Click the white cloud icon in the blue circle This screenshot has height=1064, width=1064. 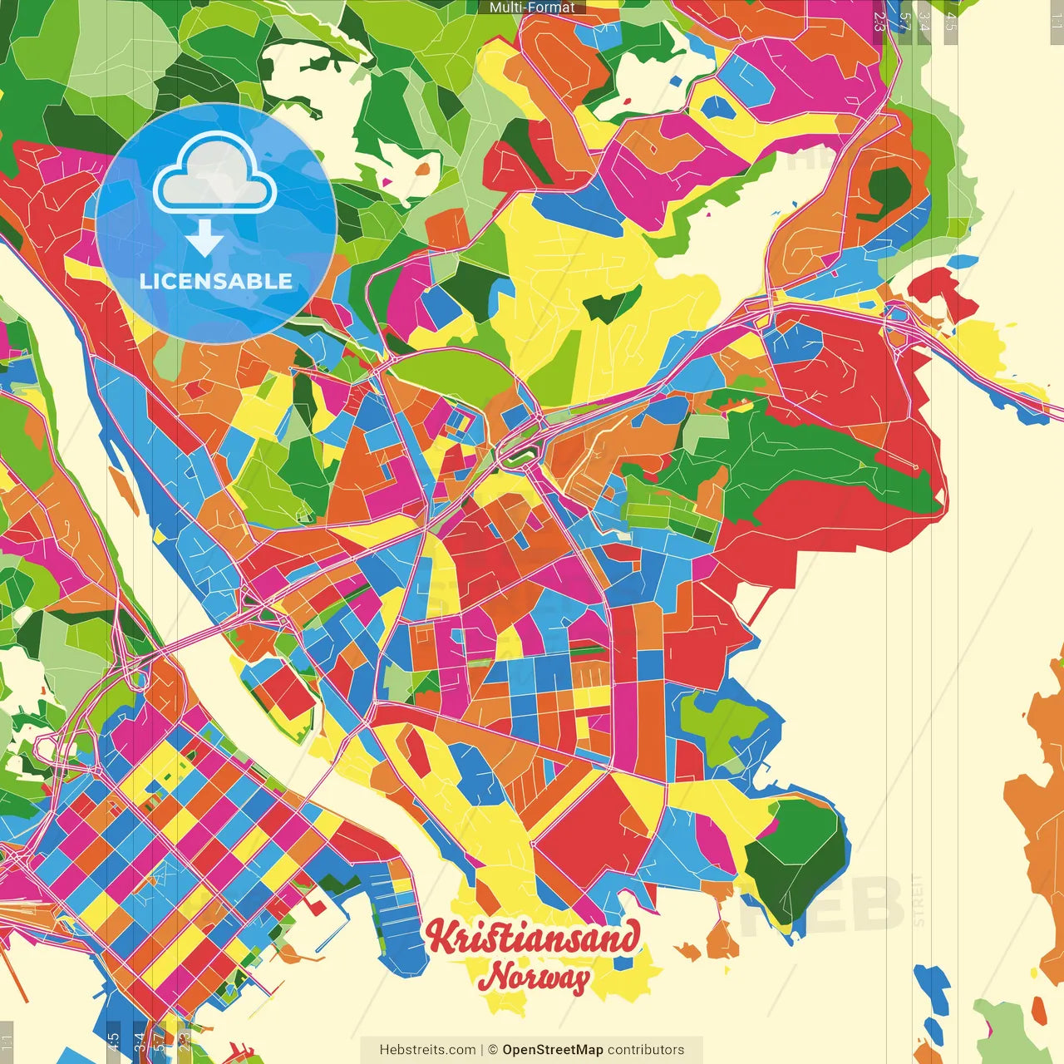[x=214, y=176]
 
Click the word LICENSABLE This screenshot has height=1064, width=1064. [x=216, y=281]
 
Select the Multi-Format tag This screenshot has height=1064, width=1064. [x=532, y=7]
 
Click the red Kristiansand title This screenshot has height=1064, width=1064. [x=533, y=938]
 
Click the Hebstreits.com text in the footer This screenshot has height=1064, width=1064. [x=427, y=1050]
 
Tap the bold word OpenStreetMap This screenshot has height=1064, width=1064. [x=553, y=1050]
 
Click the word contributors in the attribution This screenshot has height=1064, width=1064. [x=646, y=1050]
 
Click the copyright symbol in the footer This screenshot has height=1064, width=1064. [x=492, y=1050]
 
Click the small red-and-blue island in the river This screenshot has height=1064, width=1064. [x=283, y=690]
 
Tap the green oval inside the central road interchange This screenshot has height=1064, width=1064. [x=517, y=455]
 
